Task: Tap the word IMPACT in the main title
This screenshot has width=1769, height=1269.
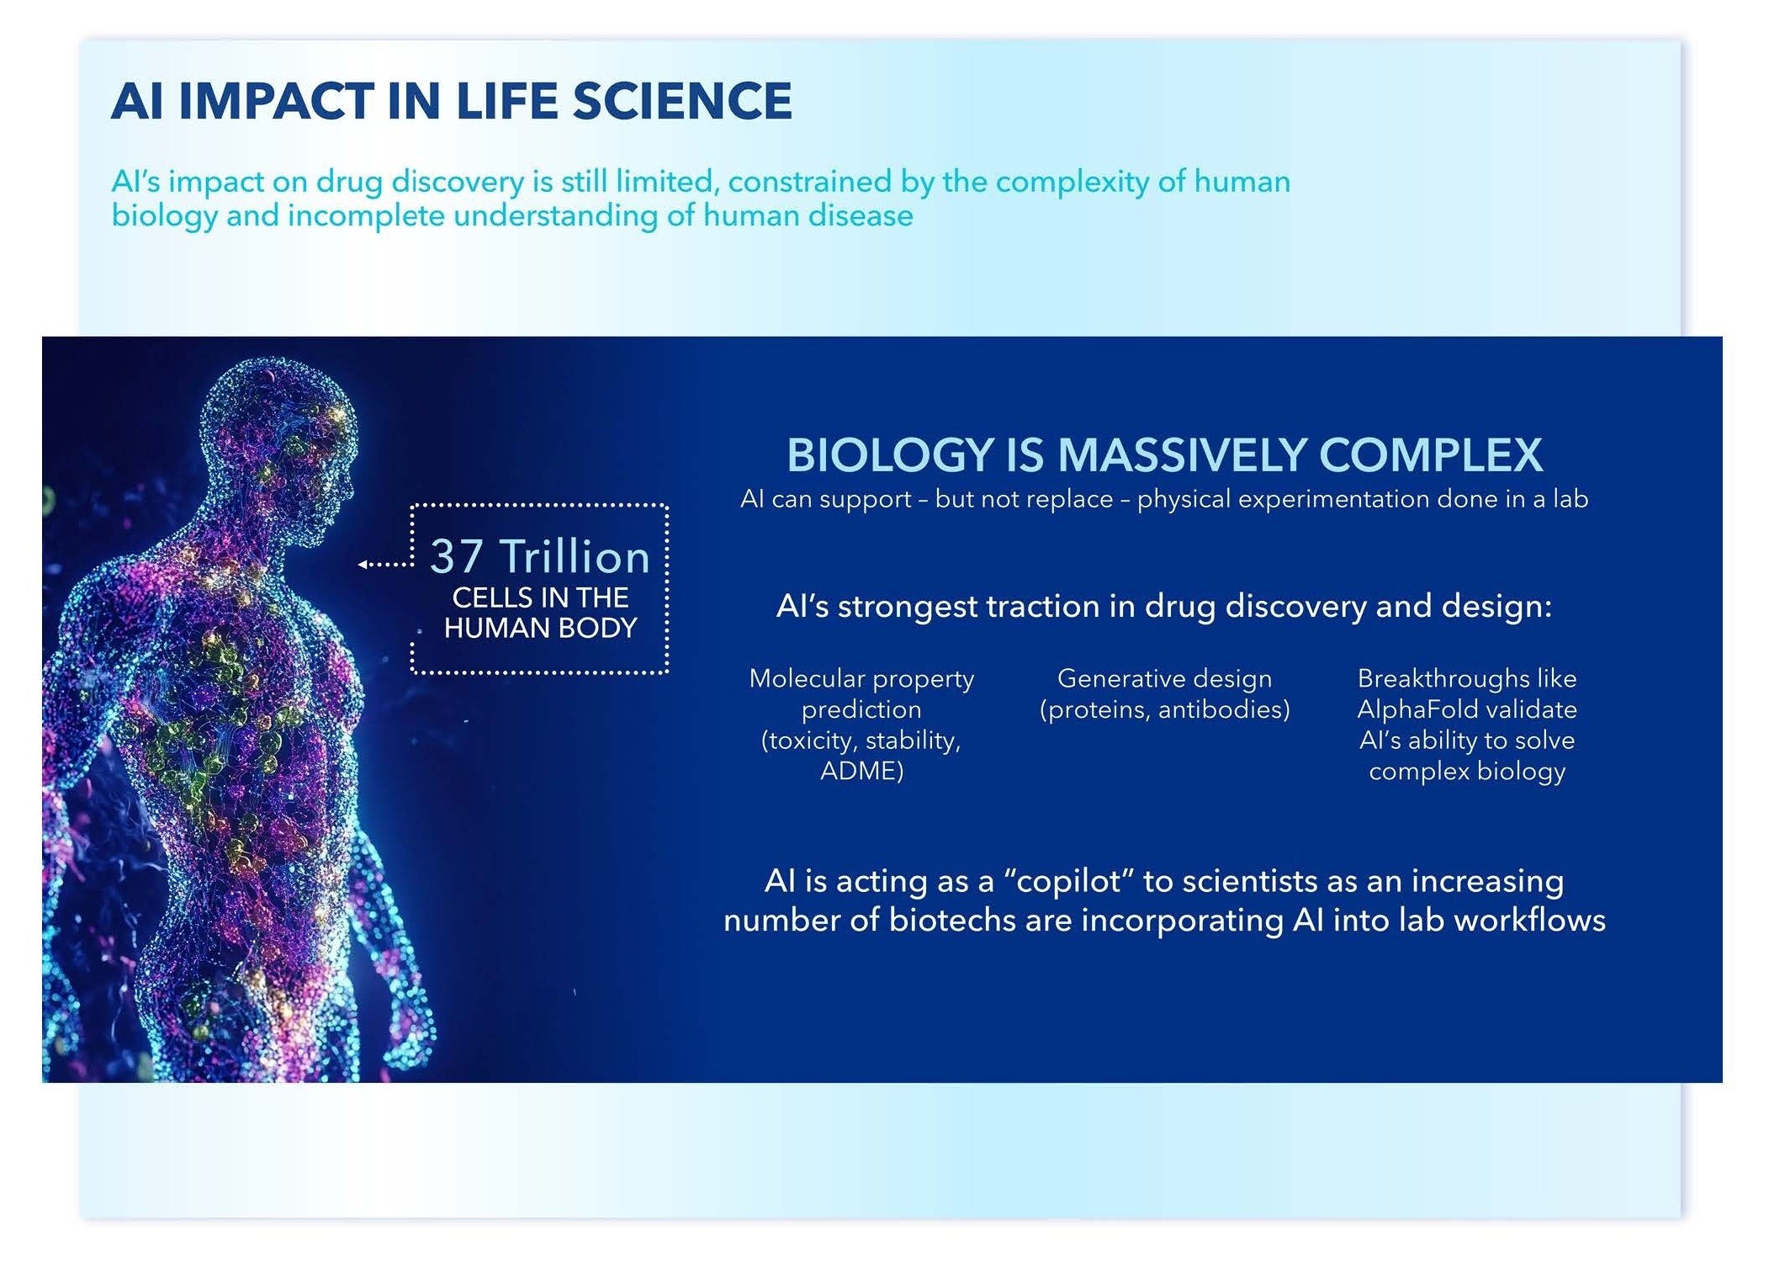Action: [275, 101]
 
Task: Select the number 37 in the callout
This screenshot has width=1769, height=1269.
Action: [457, 556]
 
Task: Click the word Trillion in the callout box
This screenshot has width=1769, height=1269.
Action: [575, 556]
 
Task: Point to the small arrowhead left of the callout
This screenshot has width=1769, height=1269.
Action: [363, 564]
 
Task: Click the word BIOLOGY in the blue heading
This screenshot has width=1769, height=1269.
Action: [891, 455]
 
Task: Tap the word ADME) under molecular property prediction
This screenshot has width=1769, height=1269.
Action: [861, 771]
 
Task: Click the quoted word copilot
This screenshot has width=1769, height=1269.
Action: [1069, 881]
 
